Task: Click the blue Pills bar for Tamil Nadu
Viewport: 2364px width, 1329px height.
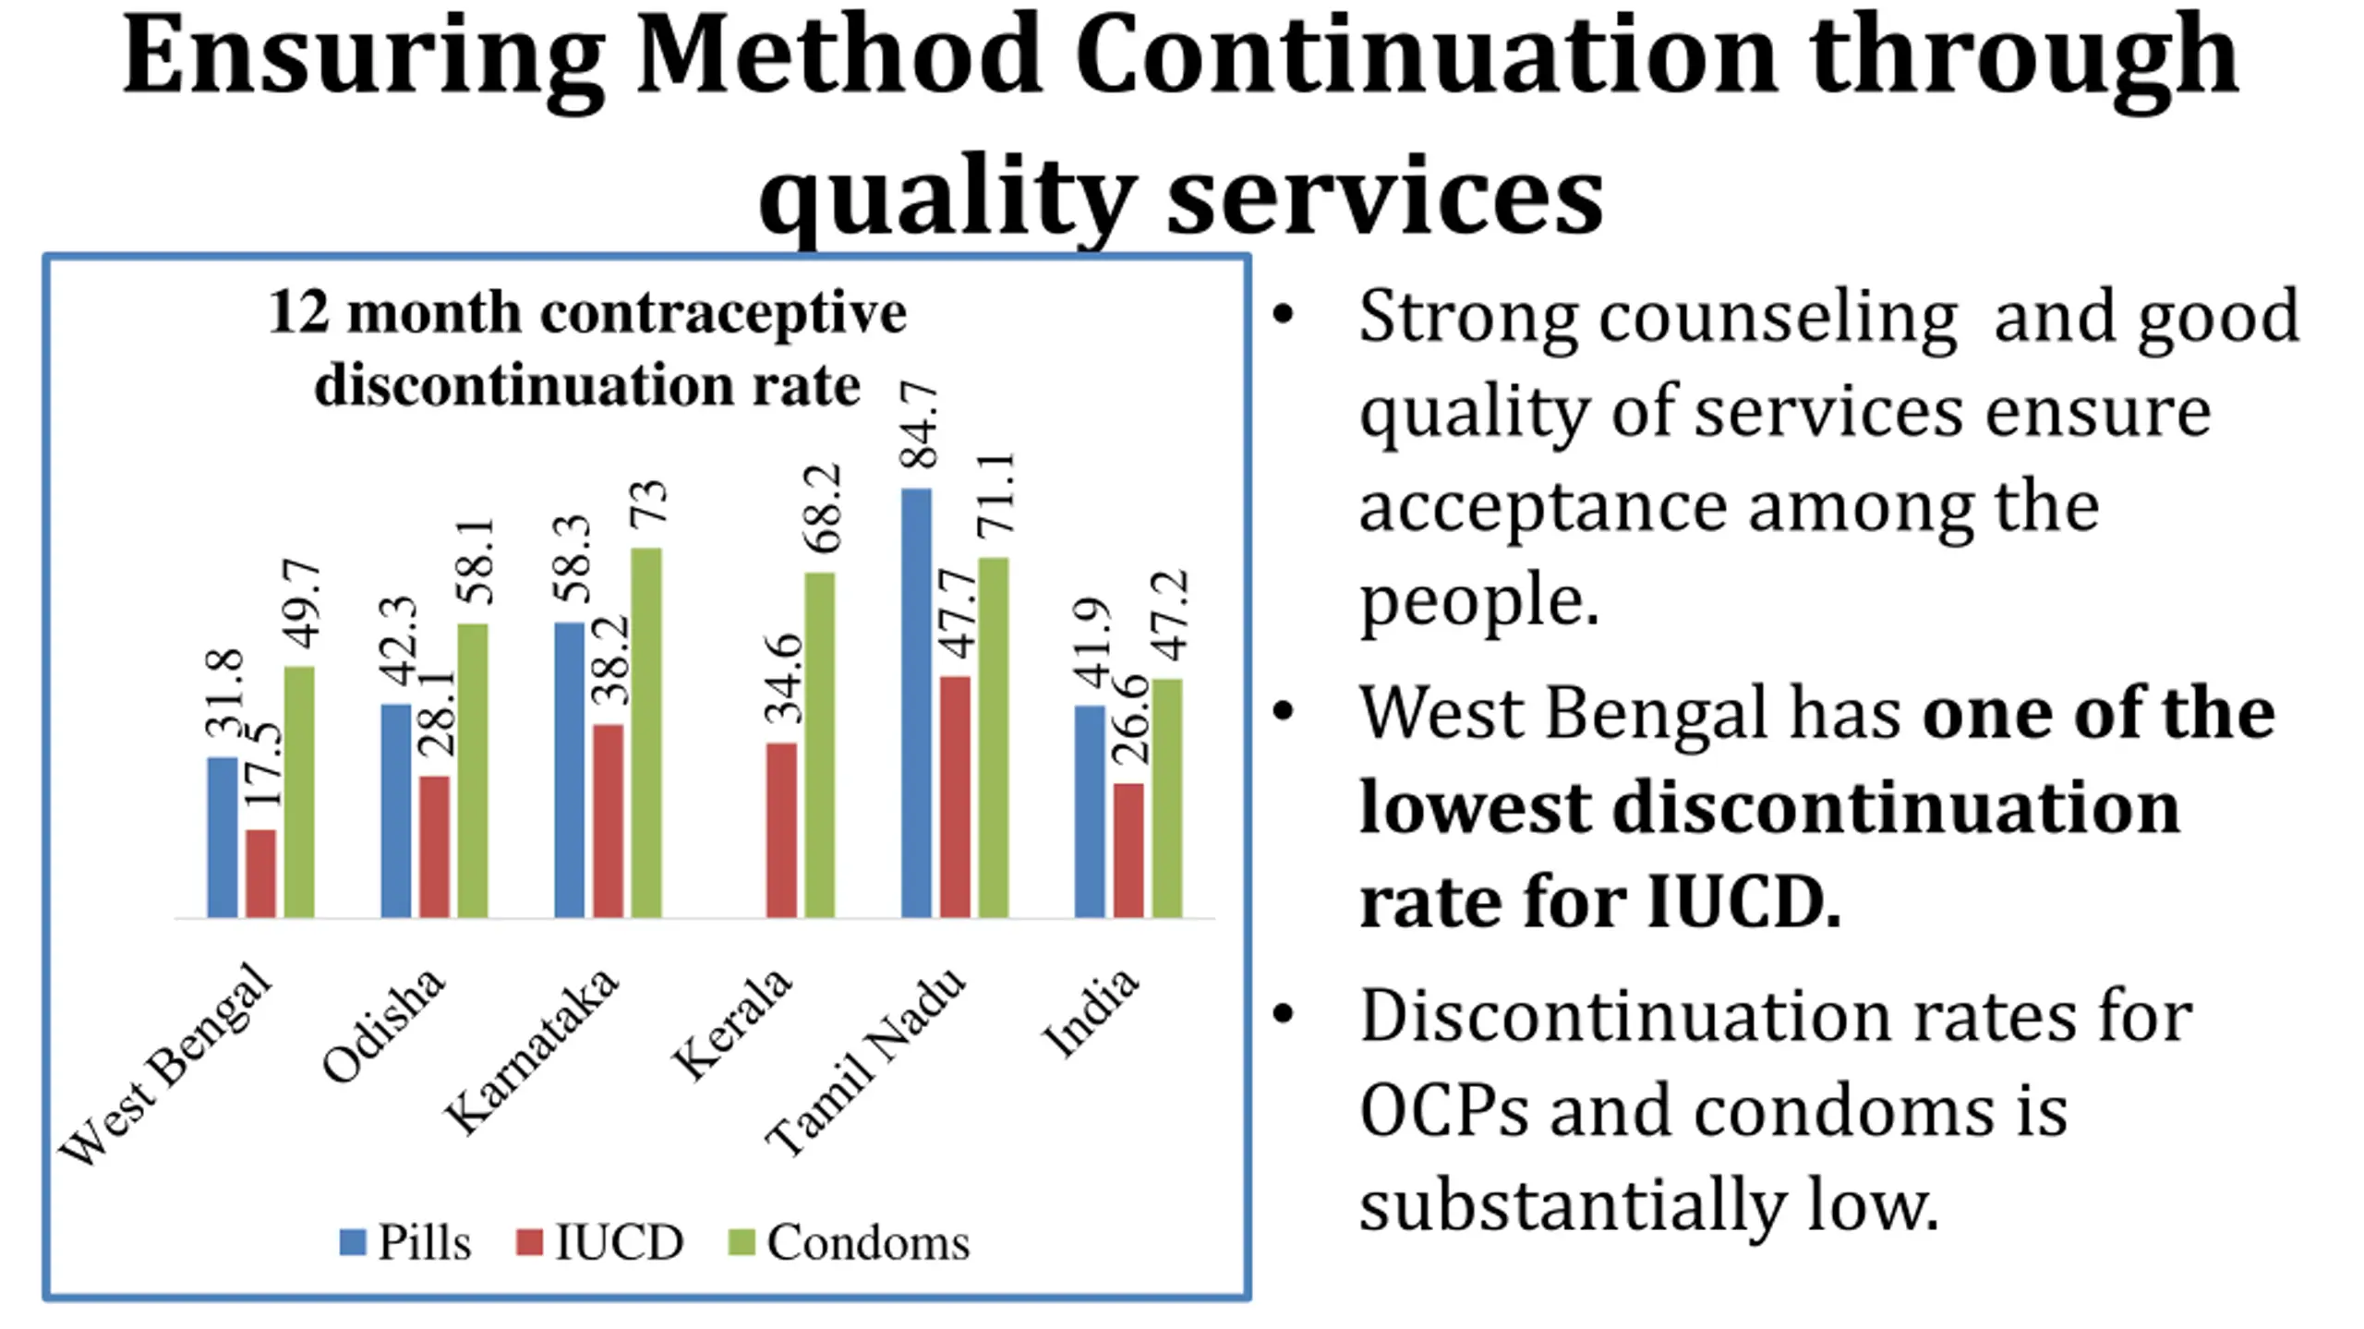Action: pos(916,703)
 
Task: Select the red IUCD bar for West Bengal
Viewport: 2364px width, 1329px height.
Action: pos(260,874)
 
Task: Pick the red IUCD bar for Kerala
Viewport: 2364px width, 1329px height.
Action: pos(781,830)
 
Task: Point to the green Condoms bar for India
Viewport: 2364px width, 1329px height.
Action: pos(1167,798)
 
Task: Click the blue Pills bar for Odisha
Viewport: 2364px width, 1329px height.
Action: pos(395,811)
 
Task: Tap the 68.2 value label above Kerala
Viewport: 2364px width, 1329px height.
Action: pos(822,508)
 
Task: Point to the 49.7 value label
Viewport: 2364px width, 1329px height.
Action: pos(301,603)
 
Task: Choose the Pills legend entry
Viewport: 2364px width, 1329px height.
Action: pos(406,1242)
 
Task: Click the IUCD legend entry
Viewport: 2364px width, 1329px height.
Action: pos(600,1242)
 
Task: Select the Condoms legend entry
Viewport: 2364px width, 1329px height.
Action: pos(850,1242)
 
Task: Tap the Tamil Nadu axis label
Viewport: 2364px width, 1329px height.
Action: pos(866,1062)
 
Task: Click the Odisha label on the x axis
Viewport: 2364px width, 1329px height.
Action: pos(384,1025)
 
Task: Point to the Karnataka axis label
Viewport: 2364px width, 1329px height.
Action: pos(531,1051)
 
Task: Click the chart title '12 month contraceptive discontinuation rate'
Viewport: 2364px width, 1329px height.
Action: pos(587,348)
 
